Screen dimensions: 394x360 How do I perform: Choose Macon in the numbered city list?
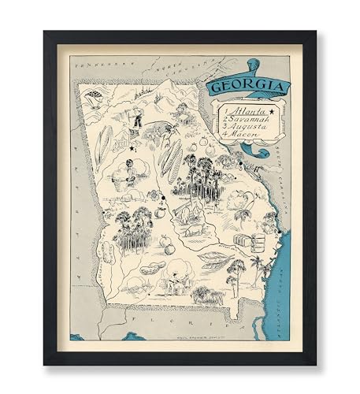pyautogui.click(x=243, y=143)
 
